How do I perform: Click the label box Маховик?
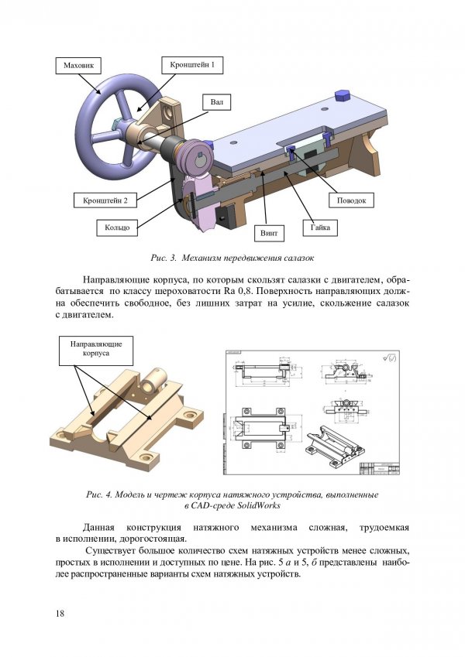78,67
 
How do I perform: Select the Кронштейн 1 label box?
192,65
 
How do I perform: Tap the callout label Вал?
216,102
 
